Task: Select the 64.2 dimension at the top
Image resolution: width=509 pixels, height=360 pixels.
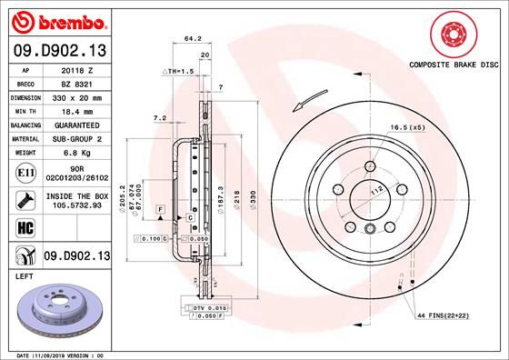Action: [192, 39]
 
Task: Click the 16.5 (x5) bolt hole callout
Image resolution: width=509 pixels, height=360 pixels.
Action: [407, 127]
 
